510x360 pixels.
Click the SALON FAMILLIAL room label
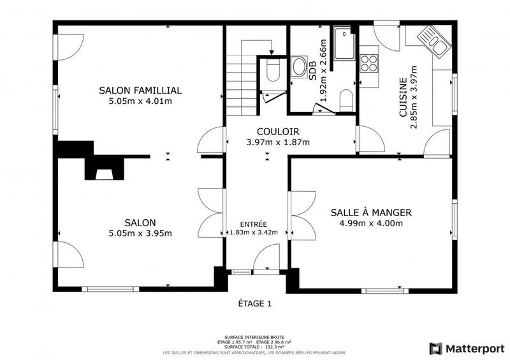pyautogui.click(x=140, y=90)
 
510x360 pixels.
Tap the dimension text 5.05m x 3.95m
pyautogui.click(x=140, y=233)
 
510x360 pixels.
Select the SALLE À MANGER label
pyautogui.click(x=371, y=213)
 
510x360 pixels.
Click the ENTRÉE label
pyautogui.click(x=253, y=224)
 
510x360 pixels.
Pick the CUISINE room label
pyautogui.click(x=403, y=98)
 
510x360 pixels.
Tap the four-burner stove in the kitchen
pyautogui.click(x=369, y=62)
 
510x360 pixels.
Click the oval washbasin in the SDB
pyautogui.click(x=298, y=68)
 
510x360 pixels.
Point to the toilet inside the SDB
pyautogui.click(x=347, y=99)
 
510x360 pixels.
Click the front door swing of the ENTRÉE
pyautogui.click(x=263, y=260)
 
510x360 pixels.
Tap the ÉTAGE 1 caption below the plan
pyautogui.click(x=254, y=304)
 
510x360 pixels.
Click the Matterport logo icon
pyautogui.click(x=436, y=349)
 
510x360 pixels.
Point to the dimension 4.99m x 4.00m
pyautogui.click(x=371, y=223)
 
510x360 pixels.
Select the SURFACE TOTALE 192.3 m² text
pyautogui.click(x=254, y=347)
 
